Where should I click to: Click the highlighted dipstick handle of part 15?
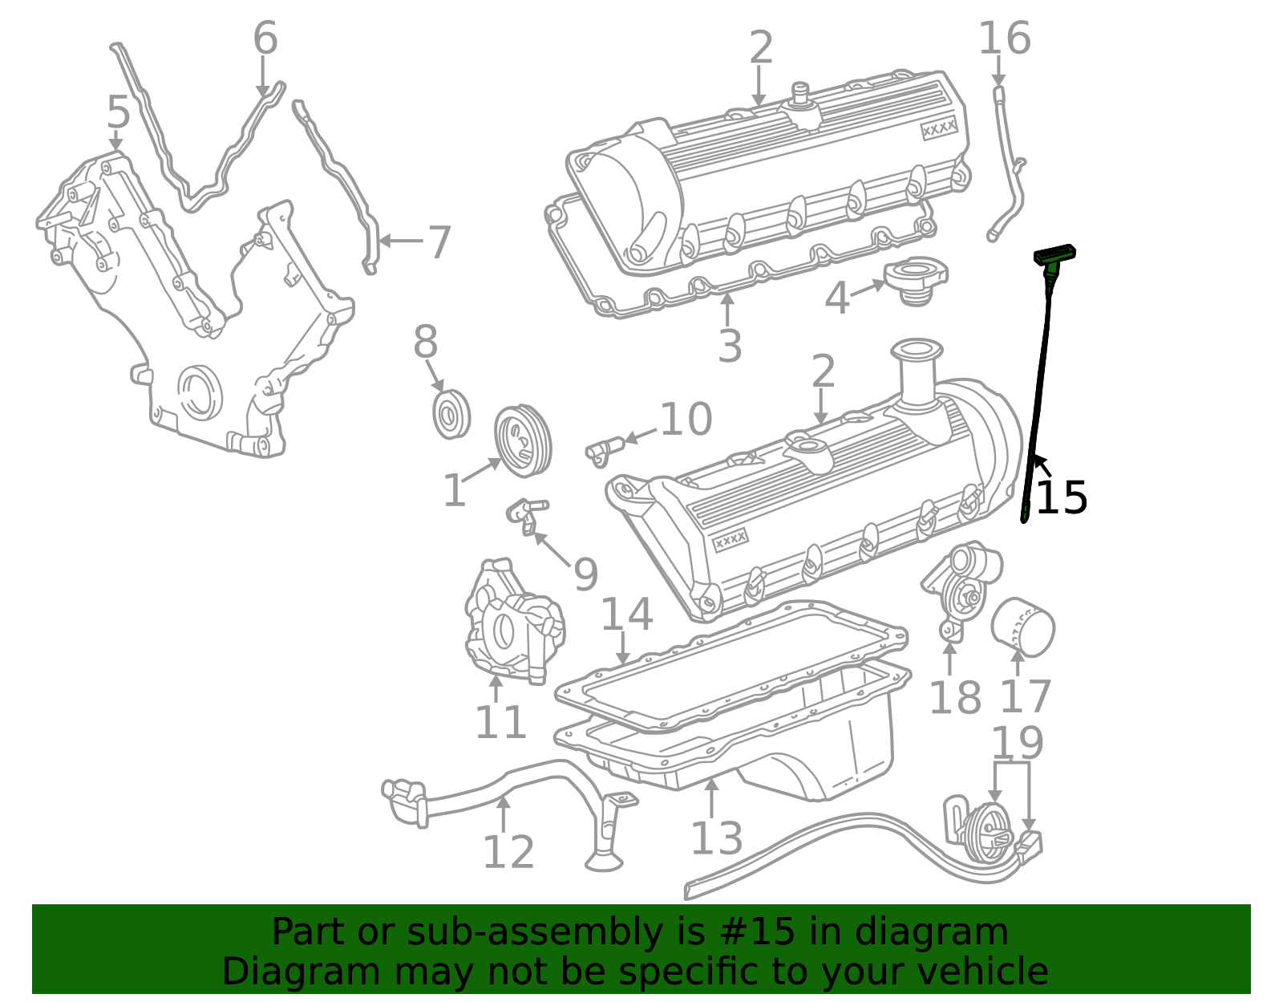1054,255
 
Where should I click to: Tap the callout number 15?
1061,498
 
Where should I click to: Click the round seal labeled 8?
451,415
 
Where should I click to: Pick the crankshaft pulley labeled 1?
522,440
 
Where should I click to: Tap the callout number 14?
626,615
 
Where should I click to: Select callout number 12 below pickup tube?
508,852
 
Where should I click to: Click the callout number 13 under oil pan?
716,838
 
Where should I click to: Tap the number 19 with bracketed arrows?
1017,743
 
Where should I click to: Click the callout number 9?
586,574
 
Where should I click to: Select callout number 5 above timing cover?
118,112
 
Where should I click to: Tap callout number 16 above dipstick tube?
1004,39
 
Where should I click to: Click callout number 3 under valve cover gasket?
729,347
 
